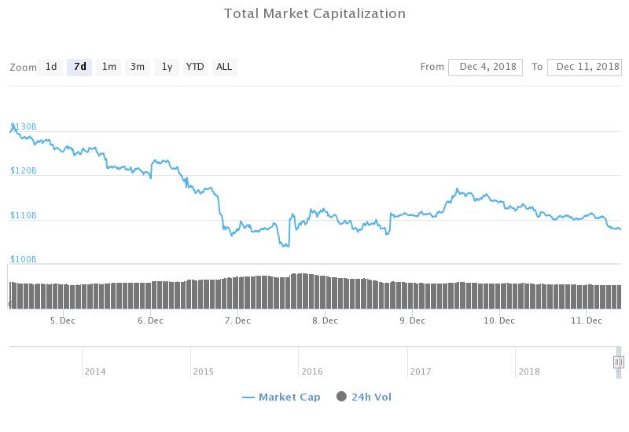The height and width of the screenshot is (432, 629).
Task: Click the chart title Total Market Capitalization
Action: [x=314, y=13]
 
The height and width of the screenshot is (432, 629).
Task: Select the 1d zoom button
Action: [x=51, y=67]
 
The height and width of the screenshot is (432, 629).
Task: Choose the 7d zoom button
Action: [x=79, y=67]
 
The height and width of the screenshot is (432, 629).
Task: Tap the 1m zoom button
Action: [x=109, y=67]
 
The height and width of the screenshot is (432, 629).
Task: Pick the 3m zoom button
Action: [x=138, y=67]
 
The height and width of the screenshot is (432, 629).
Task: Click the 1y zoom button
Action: [x=167, y=67]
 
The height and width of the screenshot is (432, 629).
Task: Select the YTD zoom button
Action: [x=195, y=67]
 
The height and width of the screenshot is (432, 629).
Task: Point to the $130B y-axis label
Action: [x=24, y=126]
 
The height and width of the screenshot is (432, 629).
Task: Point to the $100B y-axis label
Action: [x=24, y=259]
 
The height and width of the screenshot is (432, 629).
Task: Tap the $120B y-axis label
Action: [x=24, y=170]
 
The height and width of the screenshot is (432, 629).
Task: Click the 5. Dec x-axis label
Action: [x=62, y=320]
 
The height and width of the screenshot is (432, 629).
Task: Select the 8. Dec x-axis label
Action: [x=325, y=320]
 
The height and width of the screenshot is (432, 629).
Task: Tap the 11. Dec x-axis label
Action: [x=586, y=320]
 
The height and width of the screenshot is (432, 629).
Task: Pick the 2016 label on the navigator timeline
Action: [x=311, y=372]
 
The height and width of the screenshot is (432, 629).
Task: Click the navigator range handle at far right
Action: [x=619, y=361]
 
